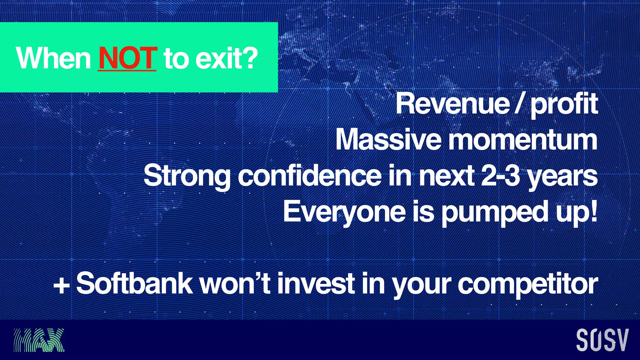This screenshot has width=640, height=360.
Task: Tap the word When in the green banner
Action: click(x=53, y=58)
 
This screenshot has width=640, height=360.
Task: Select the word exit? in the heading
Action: click(x=227, y=58)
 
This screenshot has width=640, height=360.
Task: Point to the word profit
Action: click(x=564, y=105)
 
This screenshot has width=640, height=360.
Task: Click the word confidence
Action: click(x=309, y=176)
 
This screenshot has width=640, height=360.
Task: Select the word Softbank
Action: click(x=134, y=283)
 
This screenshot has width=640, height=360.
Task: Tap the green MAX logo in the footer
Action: click(x=39, y=340)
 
